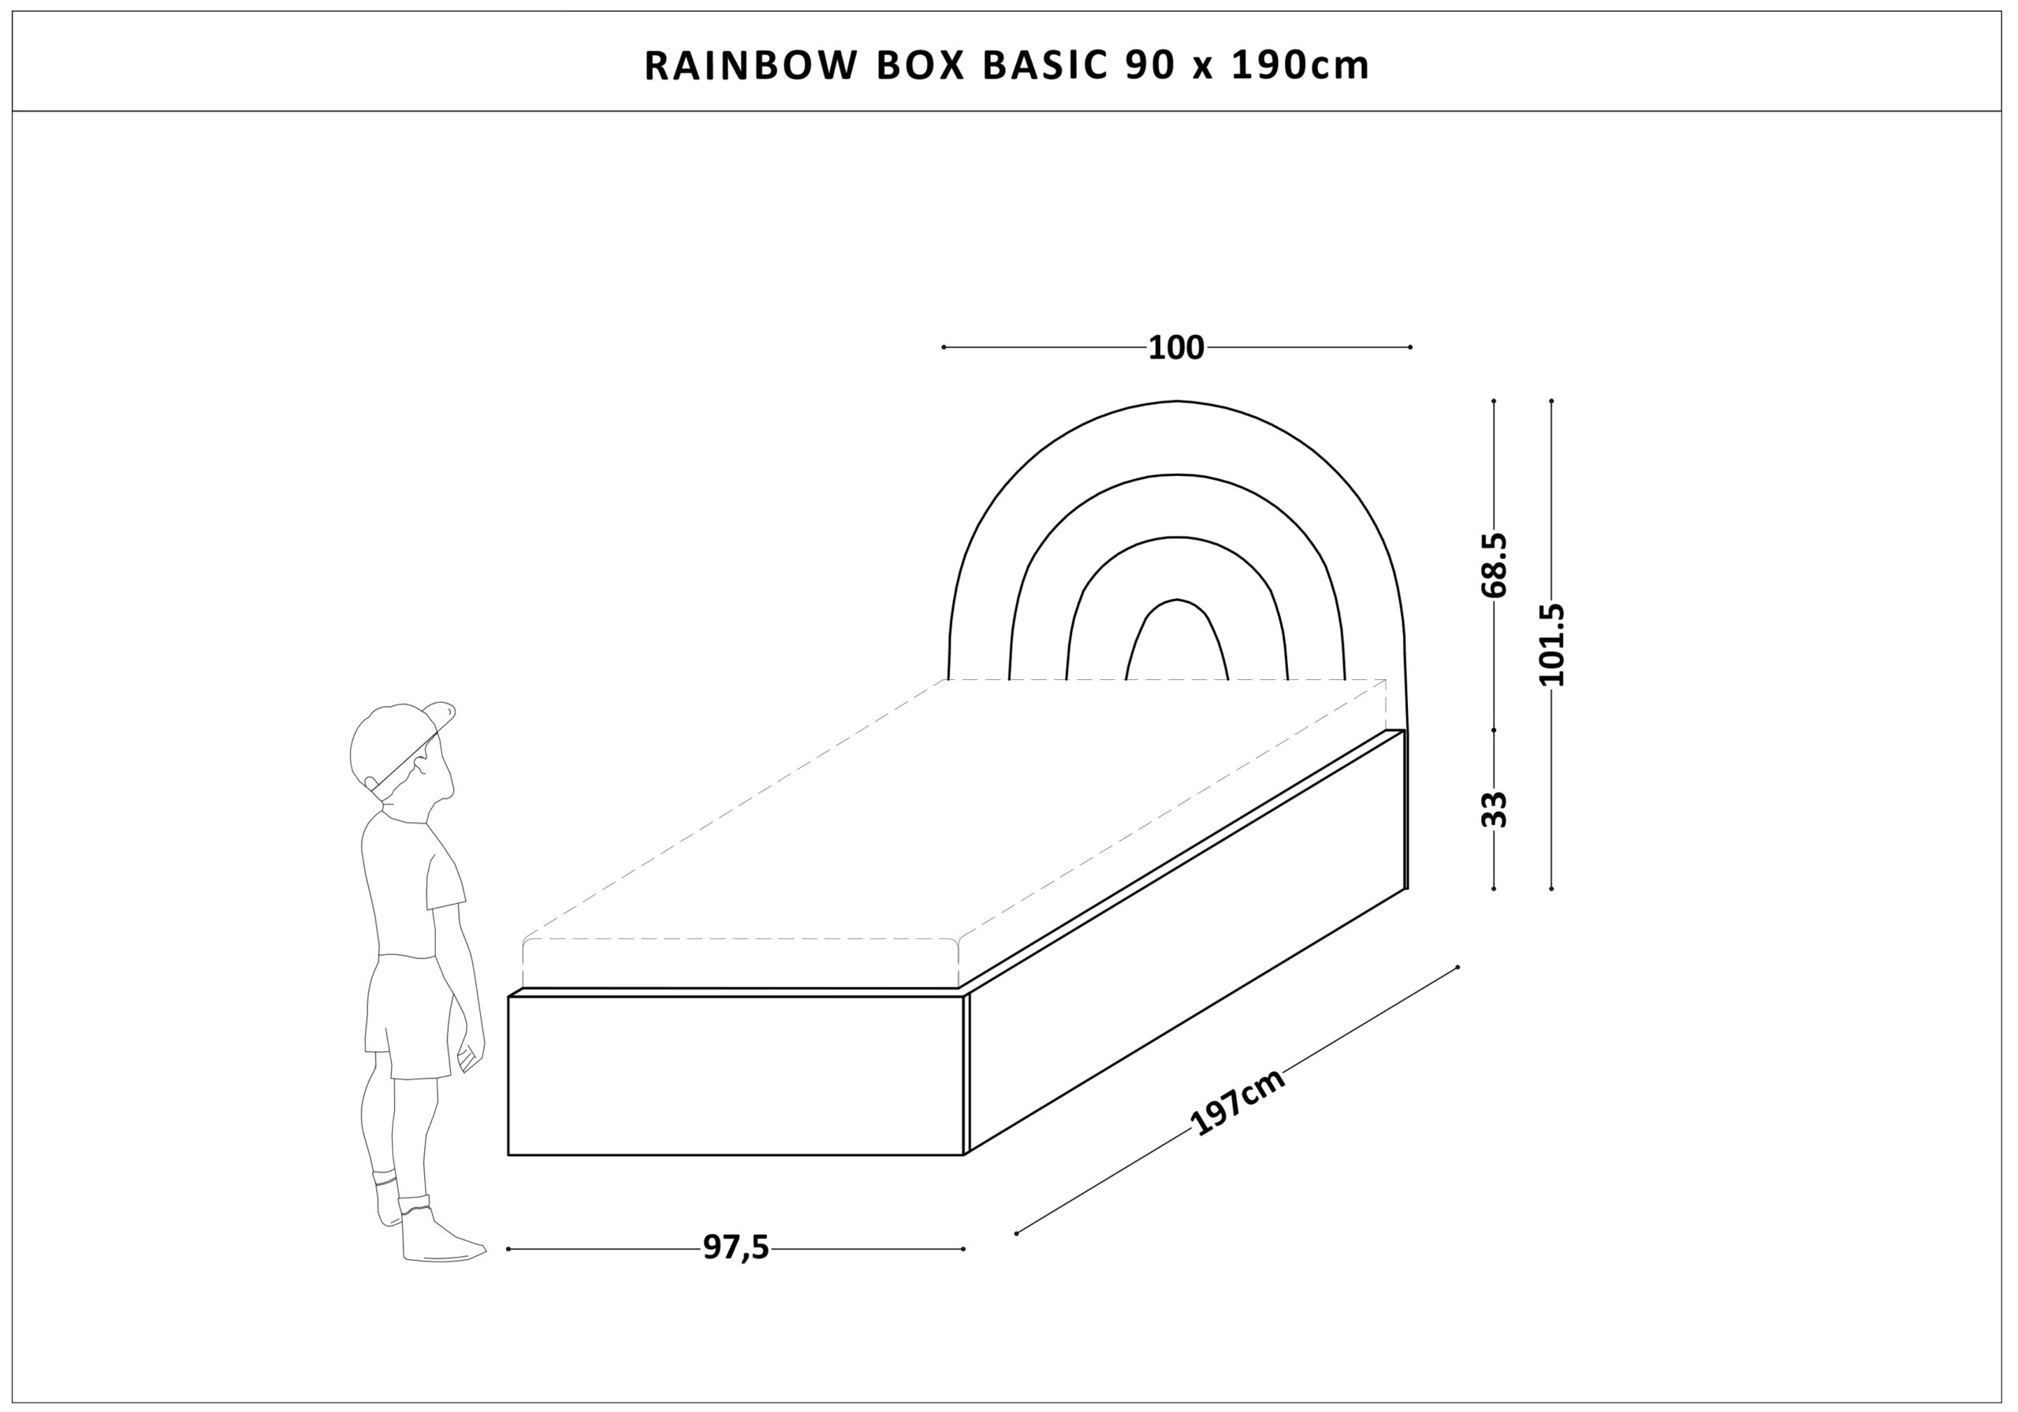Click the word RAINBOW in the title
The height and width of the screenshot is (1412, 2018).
pos(750,66)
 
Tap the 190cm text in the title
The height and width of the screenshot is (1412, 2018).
pos(1300,66)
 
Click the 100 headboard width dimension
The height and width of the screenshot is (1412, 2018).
pos(1176,348)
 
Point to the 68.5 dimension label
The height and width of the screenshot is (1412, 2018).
pos(1494,565)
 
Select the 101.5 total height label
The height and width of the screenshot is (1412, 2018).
pos(1552,644)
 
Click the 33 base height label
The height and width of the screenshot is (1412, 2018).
pos(1494,809)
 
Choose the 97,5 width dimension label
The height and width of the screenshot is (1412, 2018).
pos(735,1247)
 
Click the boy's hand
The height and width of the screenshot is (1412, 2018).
pos(471,1057)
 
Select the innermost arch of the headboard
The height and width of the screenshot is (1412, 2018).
pos(1177,640)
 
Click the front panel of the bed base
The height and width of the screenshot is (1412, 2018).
pos(735,1076)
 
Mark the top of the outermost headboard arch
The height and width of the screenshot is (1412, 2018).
pos(1177,402)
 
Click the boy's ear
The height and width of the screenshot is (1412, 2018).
pos(420,764)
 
